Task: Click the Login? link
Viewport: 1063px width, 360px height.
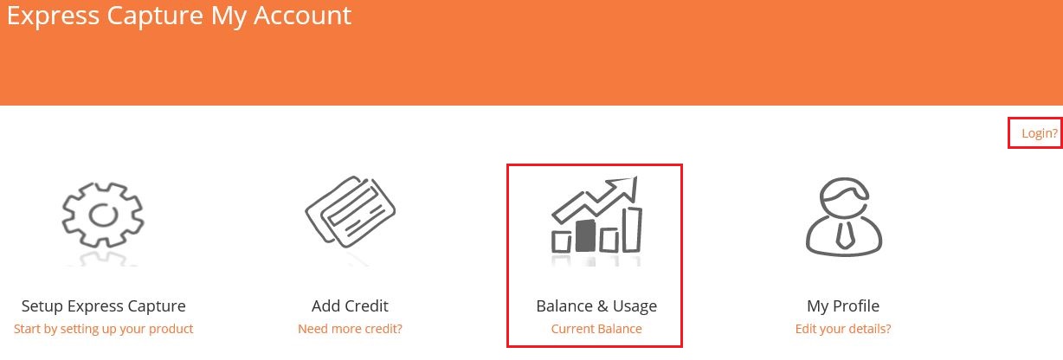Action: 1040,133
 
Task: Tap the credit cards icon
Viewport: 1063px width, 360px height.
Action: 351,211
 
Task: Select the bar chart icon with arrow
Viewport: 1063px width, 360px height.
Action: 596,215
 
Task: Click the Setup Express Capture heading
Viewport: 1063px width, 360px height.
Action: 104,306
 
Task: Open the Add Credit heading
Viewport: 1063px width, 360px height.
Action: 350,306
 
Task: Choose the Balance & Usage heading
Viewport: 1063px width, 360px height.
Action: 596,306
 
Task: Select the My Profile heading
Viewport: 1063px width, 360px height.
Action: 843,306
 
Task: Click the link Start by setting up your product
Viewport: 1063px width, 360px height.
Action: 104,329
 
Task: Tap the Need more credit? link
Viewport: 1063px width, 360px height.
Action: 350,329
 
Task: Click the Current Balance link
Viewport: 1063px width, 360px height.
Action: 596,329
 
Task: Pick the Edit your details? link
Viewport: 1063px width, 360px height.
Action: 843,329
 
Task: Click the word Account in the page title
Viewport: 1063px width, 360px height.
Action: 302,16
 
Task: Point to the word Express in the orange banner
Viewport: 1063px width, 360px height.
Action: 53,16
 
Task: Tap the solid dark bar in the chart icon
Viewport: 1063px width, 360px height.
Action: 585,235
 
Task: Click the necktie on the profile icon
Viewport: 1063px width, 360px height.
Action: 844,235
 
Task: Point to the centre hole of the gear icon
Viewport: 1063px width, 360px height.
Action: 104,215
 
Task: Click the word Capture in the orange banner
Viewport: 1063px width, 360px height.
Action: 155,16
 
